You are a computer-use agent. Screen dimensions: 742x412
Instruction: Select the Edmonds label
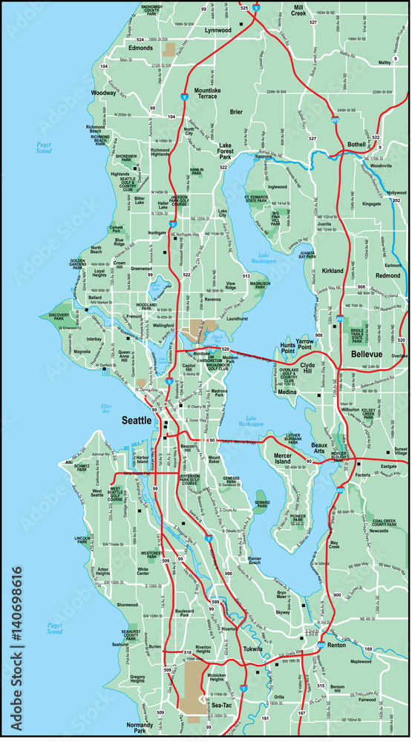coord(141,48)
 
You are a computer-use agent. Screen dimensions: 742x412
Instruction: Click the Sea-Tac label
coord(222,705)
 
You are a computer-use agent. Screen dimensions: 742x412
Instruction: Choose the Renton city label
coord(337,645)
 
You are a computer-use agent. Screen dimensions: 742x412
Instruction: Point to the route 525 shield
coord(244,7)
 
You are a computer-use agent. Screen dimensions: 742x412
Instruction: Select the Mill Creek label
coord(298,10)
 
